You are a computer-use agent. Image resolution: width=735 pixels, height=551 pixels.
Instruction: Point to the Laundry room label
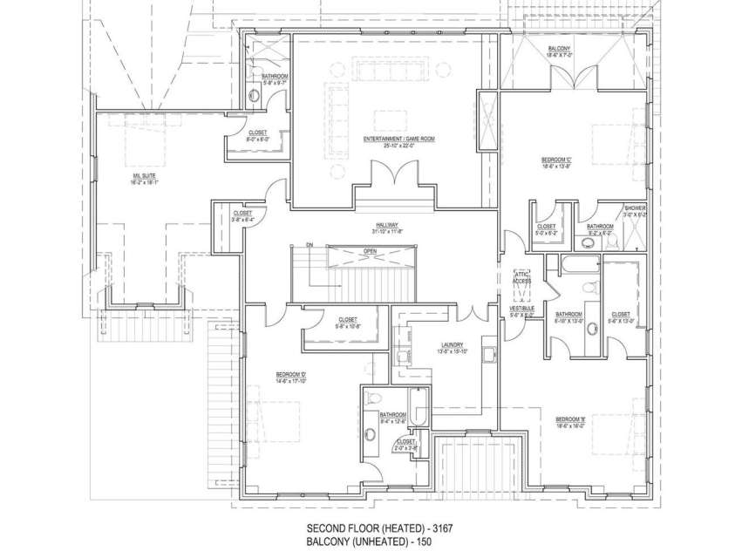click(x=453, y=344)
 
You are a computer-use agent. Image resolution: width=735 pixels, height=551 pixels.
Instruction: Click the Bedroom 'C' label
click(x=556, y=160)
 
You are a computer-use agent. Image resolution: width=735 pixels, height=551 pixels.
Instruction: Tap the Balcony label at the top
click(x=560, y=48)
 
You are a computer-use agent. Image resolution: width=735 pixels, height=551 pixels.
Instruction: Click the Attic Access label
click(x=521, y=276)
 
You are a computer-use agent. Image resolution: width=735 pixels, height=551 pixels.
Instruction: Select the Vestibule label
click(x=521, y=310)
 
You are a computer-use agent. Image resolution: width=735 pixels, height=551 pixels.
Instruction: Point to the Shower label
click(x=634, y=208)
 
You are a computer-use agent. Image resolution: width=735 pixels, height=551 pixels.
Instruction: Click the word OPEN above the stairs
click(x=370, y=250)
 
